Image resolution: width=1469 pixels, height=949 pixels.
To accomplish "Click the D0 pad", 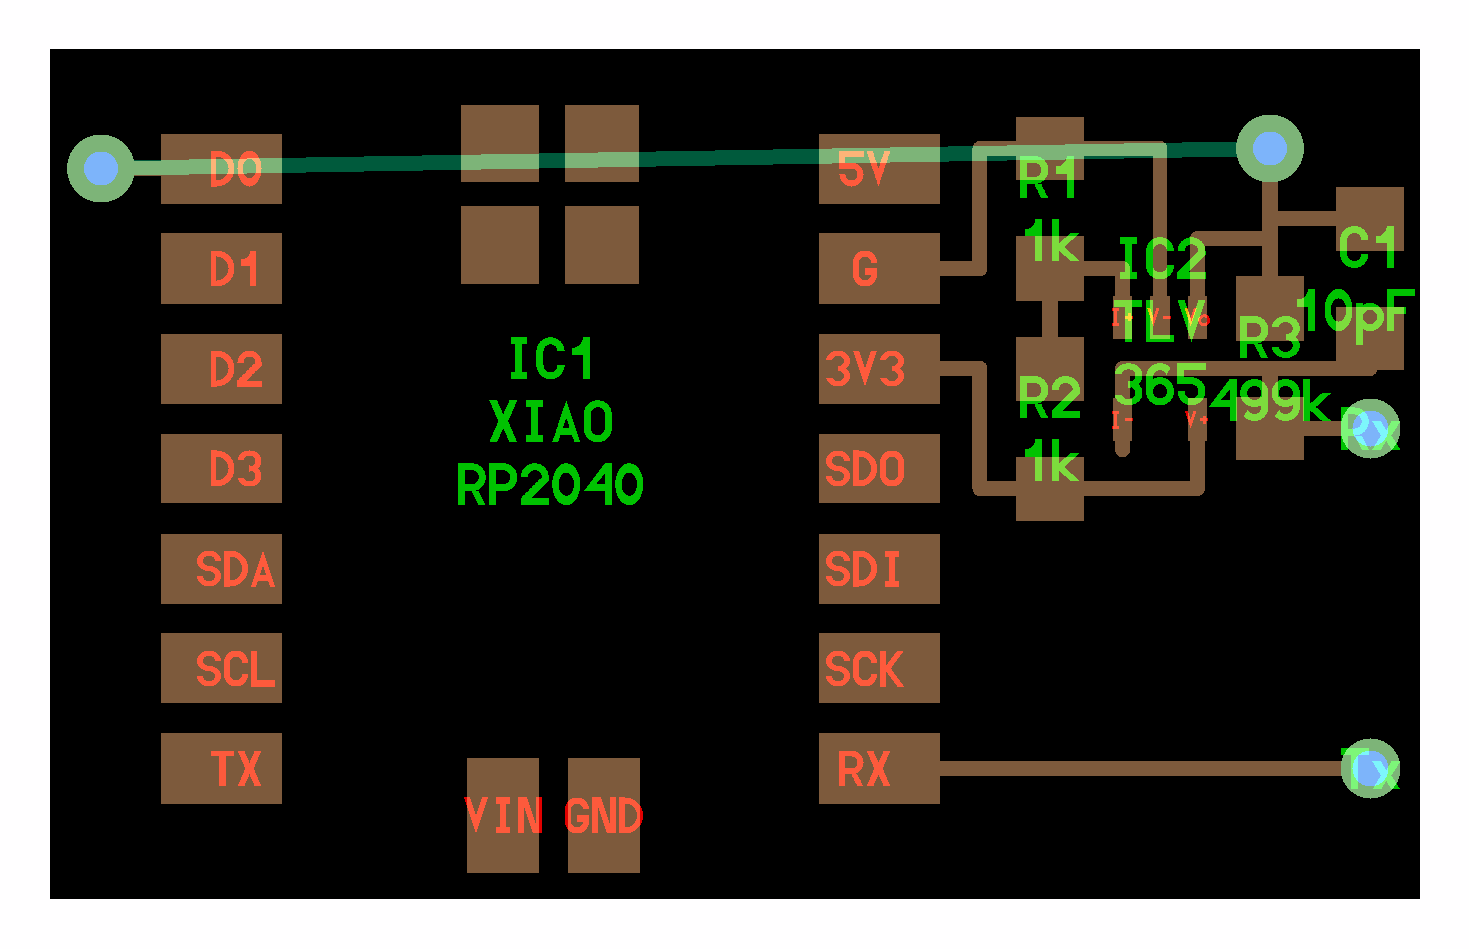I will click(x=221, y=169).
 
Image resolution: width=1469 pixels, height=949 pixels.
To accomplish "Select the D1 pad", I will click(x=221, y=269).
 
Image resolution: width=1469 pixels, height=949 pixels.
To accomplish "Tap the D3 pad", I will click(x=221, y=469).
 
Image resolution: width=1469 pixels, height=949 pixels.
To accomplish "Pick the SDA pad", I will click(x=221, y=569).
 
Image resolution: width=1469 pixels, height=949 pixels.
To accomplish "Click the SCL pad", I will click(x=221, y=668).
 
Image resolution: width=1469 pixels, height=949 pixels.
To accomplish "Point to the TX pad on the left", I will click(x=221, y=768).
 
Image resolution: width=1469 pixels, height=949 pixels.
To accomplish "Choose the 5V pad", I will click(x=879, y=169).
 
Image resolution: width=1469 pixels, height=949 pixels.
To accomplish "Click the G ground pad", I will click(x=879, y=269).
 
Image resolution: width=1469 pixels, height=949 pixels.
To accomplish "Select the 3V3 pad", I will click(x=879, y=369).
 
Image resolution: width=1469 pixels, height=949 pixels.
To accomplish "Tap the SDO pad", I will click(x=879, y=469).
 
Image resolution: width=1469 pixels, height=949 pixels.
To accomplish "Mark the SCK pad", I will click(x=879, y=668).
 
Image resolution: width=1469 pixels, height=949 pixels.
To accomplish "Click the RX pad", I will click(x=879, y=768).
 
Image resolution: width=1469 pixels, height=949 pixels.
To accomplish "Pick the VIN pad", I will click(x=503, y=815).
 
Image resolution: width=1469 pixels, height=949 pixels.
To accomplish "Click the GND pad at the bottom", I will click(x=604, y=815).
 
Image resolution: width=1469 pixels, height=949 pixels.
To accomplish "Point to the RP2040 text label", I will click(x=549, y=486).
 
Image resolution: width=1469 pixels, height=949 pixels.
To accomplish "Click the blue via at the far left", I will click(x=101, y=168).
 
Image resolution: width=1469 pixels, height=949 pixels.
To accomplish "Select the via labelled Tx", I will click(x=1370, y=768).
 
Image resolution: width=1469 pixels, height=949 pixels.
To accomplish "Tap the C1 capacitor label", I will click(x=1367, y=248).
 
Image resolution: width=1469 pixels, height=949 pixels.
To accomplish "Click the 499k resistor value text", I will click(x=1270, y=402).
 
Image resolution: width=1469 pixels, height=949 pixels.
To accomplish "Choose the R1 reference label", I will click(x=1048, y=180).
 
